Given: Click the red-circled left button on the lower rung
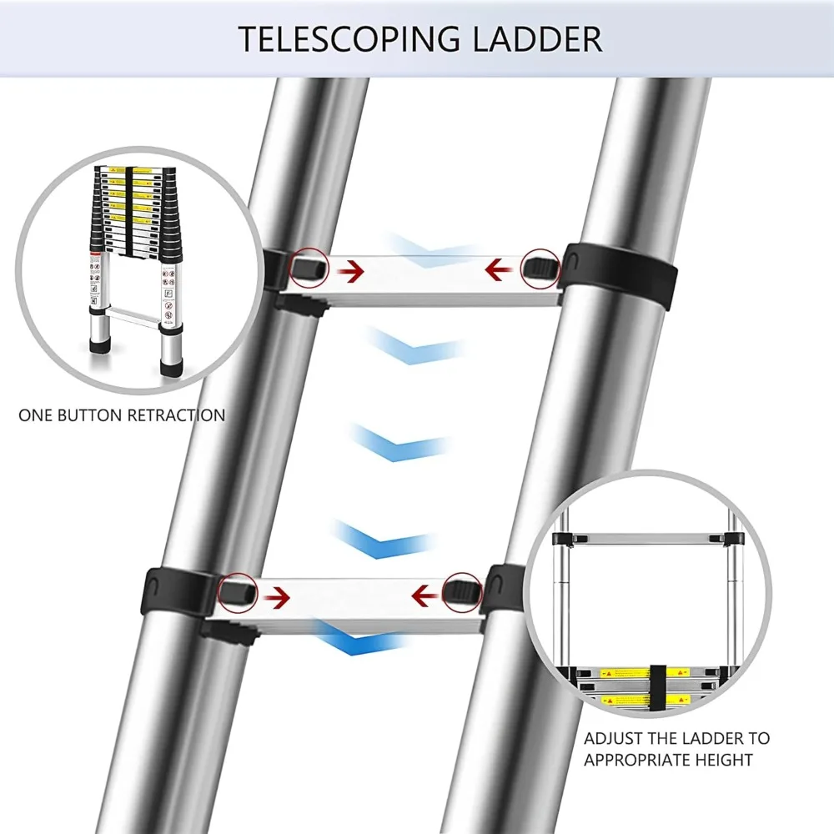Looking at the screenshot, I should [x=236, y=591].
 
